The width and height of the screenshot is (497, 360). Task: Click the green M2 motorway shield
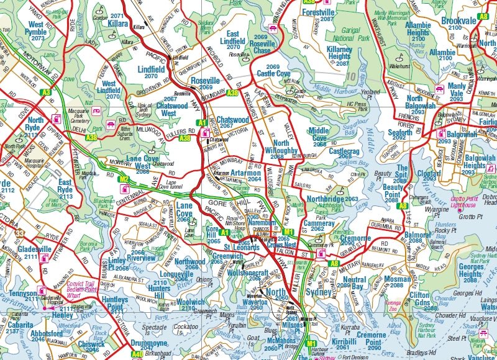click(x=124, y=180)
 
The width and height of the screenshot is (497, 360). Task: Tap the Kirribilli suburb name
click(x=344, y=341)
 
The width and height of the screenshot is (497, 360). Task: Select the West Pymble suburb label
click(x=35, y=29)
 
